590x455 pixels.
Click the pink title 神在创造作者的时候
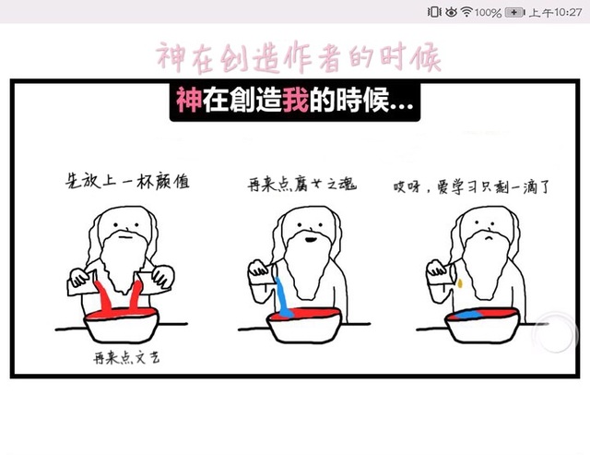pos(298,57)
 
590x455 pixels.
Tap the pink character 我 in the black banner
pos(295,100)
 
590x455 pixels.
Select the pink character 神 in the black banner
pos(189,100)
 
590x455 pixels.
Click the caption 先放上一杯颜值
pos(127,181)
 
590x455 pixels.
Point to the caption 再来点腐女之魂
pos(301,185)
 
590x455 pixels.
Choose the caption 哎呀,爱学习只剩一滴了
pos(471,186)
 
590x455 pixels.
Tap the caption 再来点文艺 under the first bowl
pos(126,357)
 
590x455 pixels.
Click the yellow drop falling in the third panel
pos(460,282)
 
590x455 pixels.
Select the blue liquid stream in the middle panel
pos(283,297)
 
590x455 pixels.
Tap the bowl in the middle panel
pos(303,325)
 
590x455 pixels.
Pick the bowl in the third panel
pos(482,325)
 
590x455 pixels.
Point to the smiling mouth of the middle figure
pos(311,239)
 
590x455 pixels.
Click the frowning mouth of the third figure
pos(489,238)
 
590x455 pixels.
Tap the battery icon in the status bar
pos(514,12)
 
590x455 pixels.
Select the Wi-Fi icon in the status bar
pos(466,12)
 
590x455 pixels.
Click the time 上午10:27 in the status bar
pos(555,12)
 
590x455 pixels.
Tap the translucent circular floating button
pos(555,332)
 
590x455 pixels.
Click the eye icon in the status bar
pos(451,12)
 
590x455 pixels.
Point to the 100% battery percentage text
pos(488,13)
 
